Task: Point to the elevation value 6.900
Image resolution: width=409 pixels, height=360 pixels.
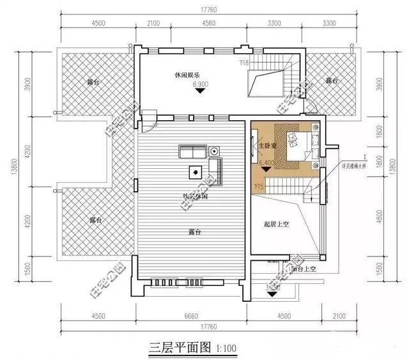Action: (201, 84)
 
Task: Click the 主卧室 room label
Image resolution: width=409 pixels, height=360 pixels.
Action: (264, 146)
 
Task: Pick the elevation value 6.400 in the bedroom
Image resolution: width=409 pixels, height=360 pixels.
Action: (268, 164)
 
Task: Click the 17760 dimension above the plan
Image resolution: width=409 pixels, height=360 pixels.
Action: (204, 9)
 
